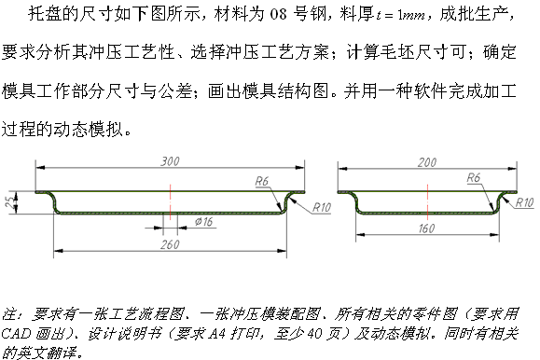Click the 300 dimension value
point(170,160)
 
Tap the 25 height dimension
point(9,201)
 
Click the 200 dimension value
point(428,162)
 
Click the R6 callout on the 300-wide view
point(263,181)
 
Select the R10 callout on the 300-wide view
point(322,205)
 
